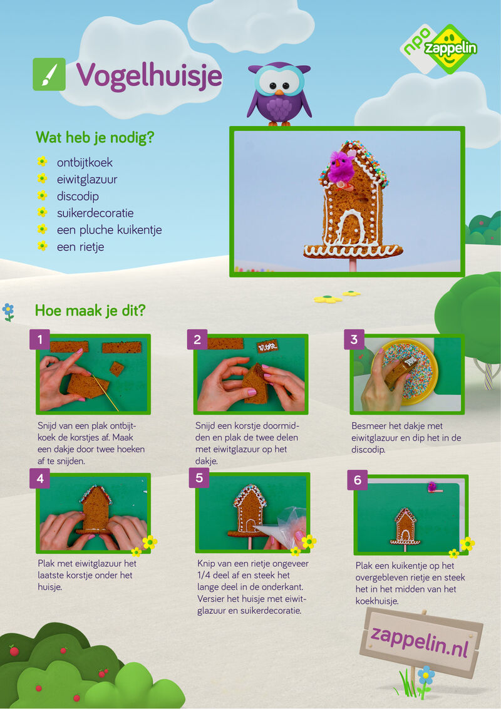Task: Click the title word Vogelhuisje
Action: (149, 76)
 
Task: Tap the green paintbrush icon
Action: (49, 74)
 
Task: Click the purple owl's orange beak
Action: (279, 92)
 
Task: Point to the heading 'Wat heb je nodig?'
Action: (95, 137)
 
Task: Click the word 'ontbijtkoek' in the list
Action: (85, 162)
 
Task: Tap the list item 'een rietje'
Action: (81, 247)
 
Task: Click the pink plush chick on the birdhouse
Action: (341, 168)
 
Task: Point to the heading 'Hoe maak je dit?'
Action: (90, 311)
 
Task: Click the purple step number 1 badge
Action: (40, 339)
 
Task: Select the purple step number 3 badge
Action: (354, 339)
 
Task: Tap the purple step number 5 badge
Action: (199, 477)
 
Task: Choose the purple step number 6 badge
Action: (357, 480)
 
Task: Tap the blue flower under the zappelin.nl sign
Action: (425, 675)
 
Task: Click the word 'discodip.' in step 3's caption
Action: (368, 450)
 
